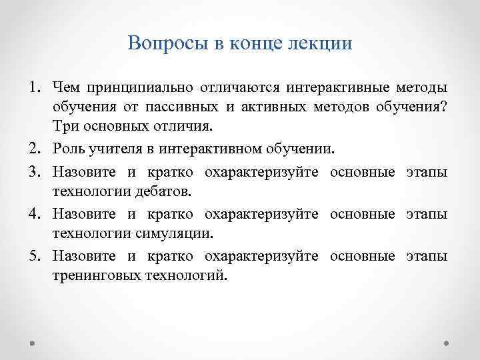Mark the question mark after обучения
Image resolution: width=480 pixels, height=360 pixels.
[445, 107]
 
